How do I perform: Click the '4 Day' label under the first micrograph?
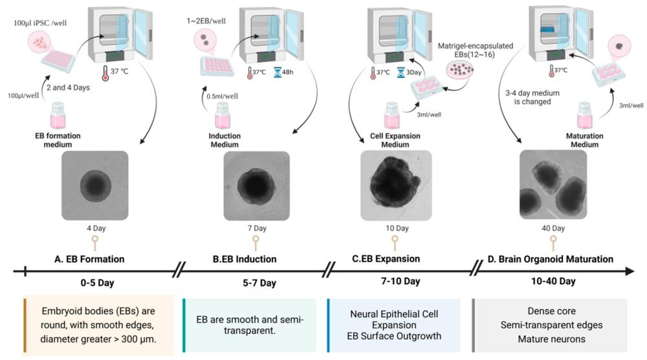point(94,229)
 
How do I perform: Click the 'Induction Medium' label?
point(225,140)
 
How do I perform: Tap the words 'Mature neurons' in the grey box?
point(552,338)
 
